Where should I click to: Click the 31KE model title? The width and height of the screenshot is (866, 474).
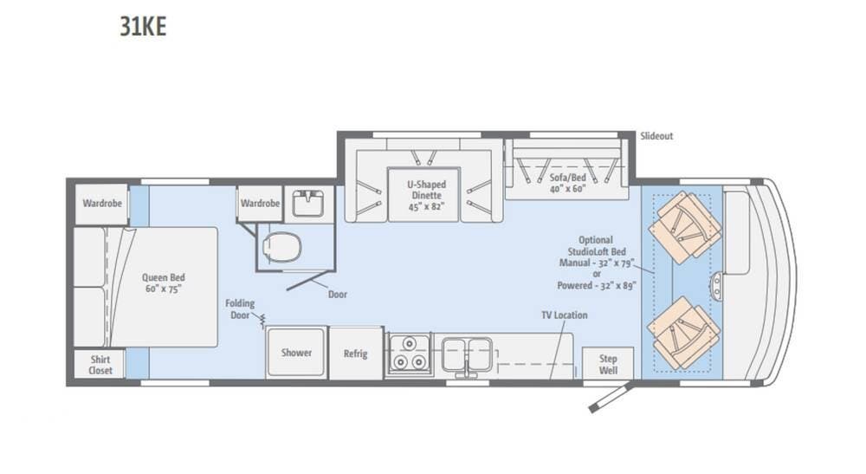point(143,27)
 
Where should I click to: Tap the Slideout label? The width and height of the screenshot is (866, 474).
point(656,136)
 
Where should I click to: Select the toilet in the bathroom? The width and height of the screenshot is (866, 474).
point(281,246)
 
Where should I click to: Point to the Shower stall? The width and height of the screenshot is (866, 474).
point(296,353)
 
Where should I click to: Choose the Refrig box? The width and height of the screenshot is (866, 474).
point(356,354)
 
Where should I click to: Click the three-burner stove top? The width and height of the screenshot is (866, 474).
point(409,354)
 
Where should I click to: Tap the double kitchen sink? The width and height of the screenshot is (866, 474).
point(467,354)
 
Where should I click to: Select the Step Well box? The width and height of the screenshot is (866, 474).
point(608,364)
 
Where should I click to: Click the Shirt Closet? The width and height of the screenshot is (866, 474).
point(100,365)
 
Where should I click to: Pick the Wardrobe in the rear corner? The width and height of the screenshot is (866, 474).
point(102,204)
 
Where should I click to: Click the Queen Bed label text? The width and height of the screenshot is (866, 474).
point(164,282)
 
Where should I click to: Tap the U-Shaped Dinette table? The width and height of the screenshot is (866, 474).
point(424,194)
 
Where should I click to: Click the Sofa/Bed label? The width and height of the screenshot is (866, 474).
point(567,183)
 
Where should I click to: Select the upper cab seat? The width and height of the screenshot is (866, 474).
point(685,228)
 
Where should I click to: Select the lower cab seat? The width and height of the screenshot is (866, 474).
point(684,333)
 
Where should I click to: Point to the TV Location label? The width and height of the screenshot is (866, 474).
point(564,315)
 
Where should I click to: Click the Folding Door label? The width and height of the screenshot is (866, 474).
point(240,308)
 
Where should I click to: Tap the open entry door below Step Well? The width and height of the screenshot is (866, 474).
point(611,398)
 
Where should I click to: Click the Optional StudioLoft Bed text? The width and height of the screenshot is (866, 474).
point(597,246)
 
